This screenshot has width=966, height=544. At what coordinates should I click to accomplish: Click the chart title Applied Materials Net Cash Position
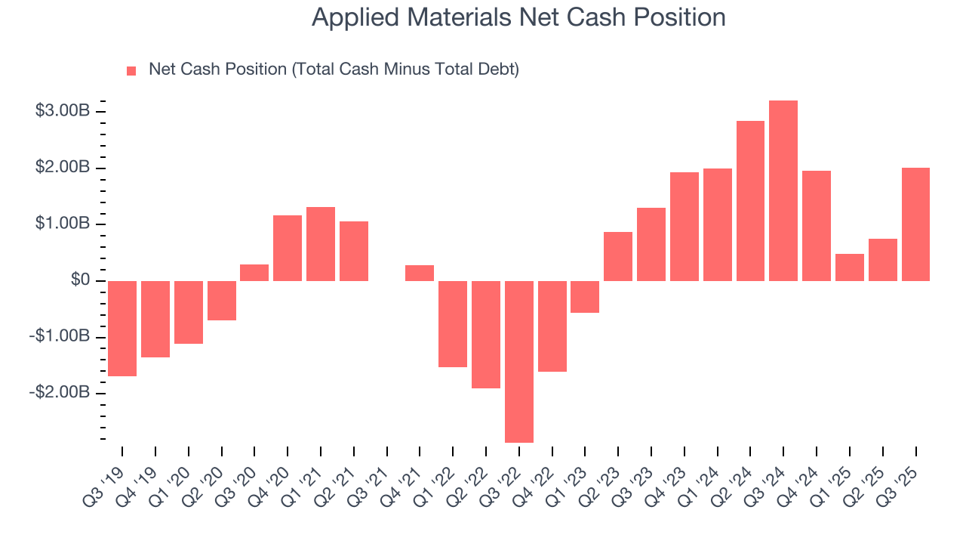(518, 17)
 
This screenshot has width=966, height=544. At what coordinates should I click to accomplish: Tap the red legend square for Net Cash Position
(131, 70)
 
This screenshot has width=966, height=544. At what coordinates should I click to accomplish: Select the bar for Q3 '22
(519, 361)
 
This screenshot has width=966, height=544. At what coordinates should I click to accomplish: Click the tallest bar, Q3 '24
(783, 190)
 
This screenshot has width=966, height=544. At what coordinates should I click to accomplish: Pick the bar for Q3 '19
(122, 328)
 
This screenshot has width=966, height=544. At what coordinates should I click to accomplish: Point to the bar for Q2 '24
(750, 201)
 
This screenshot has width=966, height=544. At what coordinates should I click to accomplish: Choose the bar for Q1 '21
(321, 244)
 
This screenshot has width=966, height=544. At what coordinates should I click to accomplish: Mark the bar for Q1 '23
(585, 296)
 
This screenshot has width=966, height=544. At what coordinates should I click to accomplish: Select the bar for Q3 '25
(915, 224)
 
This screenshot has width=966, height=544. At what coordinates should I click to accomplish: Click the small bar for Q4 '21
(420, 273)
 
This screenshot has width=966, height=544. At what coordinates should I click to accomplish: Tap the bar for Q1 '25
(850, 267)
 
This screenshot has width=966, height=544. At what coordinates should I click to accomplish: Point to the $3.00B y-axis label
(63, 111)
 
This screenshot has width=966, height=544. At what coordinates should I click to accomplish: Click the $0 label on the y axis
(81, 280)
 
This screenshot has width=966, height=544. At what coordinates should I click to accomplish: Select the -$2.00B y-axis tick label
(60, 393)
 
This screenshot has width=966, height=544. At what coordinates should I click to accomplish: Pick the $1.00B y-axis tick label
(63, 224)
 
